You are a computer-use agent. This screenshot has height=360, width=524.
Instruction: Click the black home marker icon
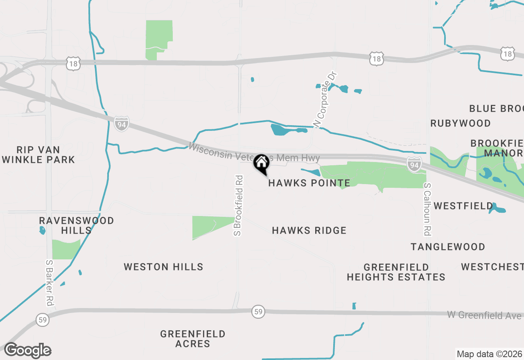[x=261, y=163]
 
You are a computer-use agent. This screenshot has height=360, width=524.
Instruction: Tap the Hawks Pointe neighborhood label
[x=309, y=183]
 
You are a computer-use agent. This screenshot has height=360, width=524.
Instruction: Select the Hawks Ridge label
[x=309, y=231]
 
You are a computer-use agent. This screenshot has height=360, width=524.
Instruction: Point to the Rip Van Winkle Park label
[x=38, y=155]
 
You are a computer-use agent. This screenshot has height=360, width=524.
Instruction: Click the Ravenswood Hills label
[x=77, y=225]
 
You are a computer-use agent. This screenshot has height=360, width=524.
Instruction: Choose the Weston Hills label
[x=163, y=267]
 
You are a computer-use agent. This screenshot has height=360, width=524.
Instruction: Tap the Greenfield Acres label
[x=193, y=339]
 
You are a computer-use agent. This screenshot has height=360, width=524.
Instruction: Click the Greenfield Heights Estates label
[x=396, y=272]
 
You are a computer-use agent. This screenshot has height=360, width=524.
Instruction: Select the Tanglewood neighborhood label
[x=448, y=247]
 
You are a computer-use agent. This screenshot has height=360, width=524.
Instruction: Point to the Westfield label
[x=463, y=206]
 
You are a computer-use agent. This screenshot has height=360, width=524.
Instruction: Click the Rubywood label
[x=461, y=123]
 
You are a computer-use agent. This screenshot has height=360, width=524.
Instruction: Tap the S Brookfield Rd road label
[x=238, y=206]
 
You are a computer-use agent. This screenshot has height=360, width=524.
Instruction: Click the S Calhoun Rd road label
[x=427, y=209]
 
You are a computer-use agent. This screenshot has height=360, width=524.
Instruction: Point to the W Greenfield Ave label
[x=484, y=315]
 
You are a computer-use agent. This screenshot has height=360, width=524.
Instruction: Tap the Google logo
[x=27, y=351]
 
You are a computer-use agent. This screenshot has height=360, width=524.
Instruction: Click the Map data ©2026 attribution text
[x=489, y=354]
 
